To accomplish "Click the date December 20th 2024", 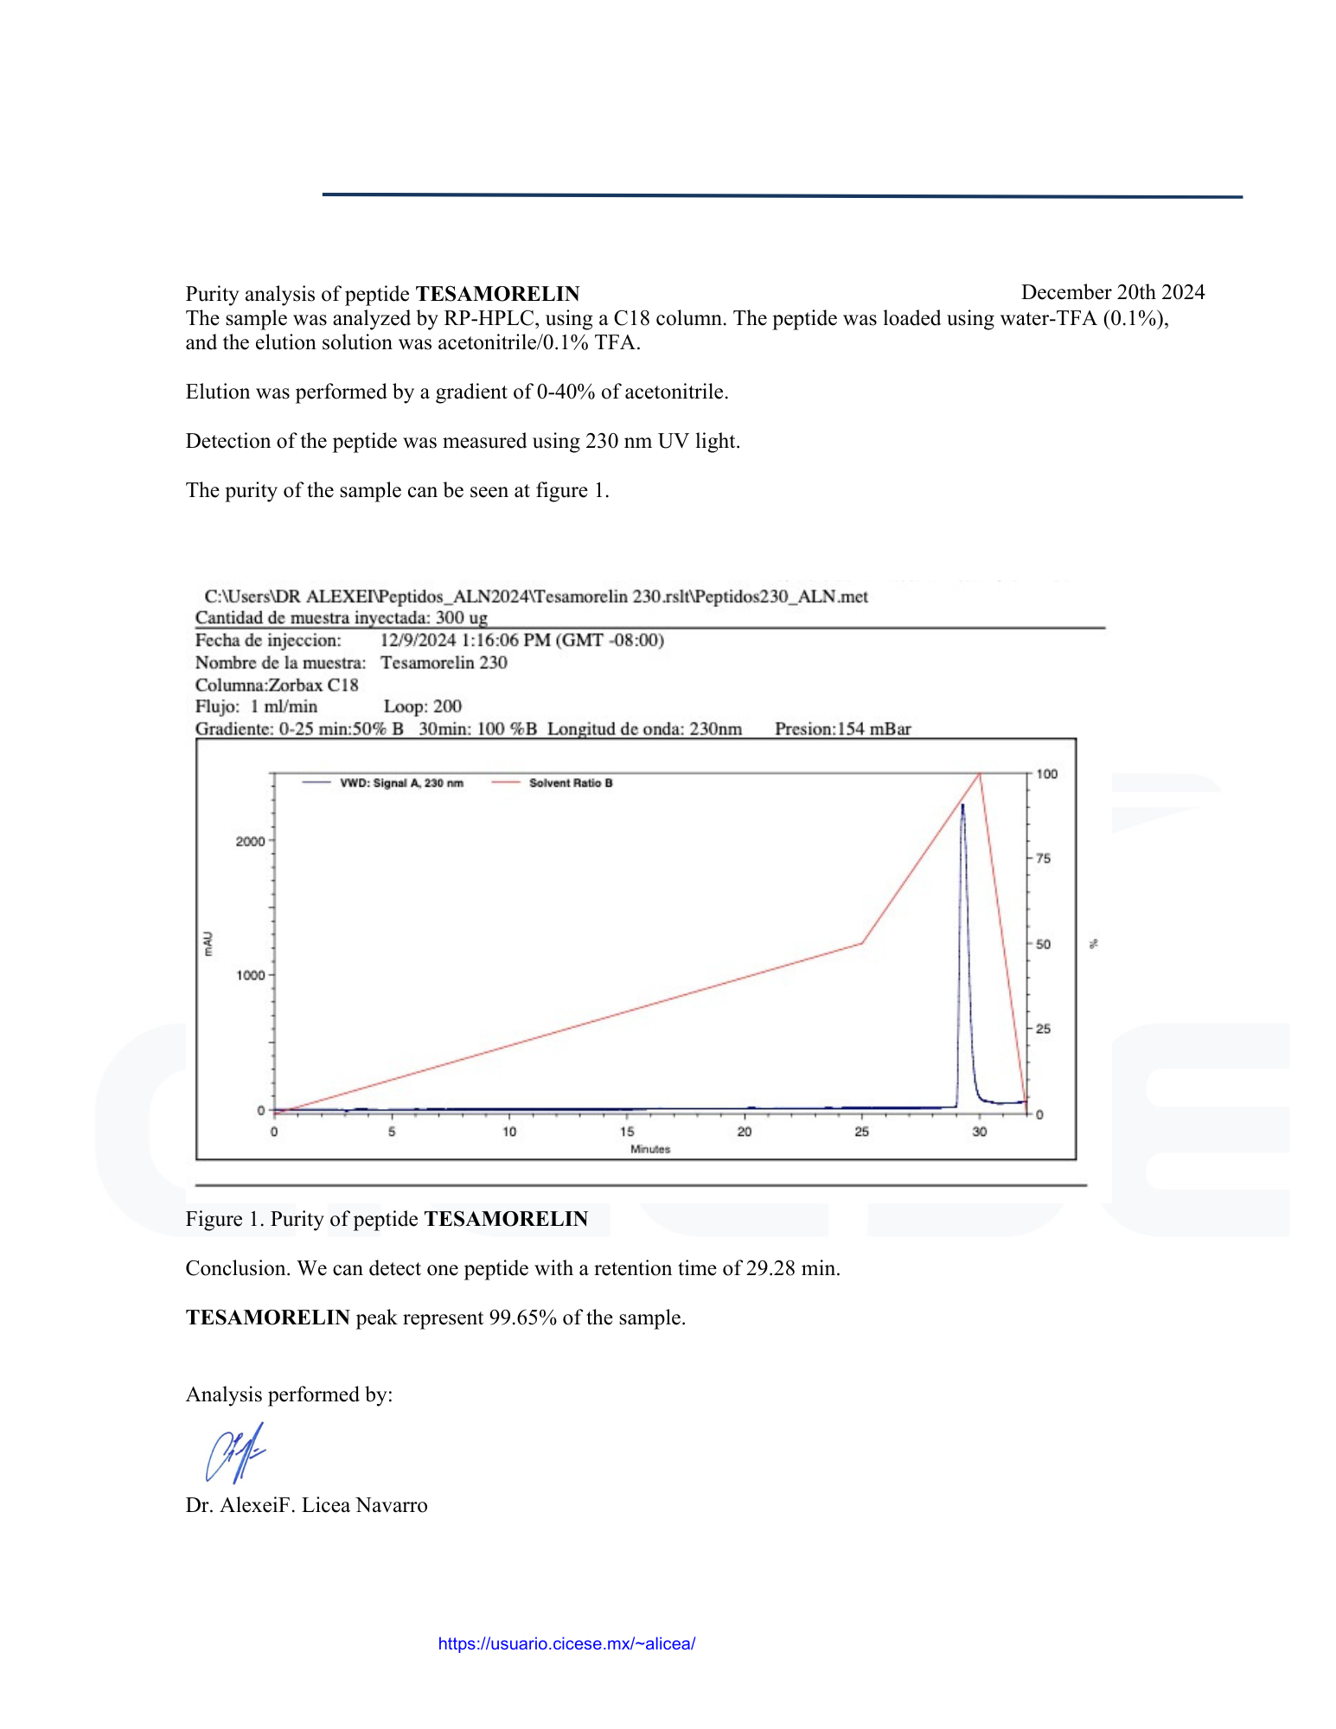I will point(1112,292).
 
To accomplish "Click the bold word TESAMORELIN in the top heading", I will point(497,294).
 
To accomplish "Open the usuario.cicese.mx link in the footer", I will point(566,1643).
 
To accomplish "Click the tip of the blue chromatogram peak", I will point(962,805).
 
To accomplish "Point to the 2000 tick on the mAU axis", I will point(251,841).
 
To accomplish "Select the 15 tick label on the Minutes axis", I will point(627,1131).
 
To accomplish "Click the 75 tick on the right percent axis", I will point(1044,858).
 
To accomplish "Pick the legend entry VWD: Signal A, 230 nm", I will point(401,783).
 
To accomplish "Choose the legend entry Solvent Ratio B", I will point(571,783).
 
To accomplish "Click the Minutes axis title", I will point(650,1149).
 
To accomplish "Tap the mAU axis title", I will point(208,943).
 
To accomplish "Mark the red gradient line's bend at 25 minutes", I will point(862,943).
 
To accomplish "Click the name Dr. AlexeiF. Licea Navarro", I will point(306,1505).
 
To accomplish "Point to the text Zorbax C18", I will point(313,685).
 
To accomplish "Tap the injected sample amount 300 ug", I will point(462,617).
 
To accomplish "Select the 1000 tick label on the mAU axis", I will point(251,975).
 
